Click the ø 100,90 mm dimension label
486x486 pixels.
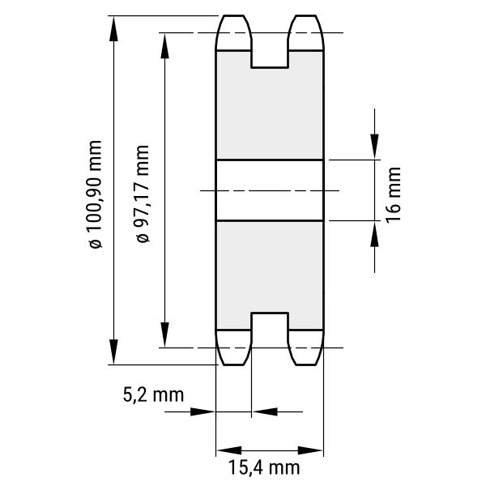coord(96,194)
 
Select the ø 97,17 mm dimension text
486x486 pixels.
coord(143,194)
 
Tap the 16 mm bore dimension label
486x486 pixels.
coord(393,195)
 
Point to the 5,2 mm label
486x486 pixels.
coord(153,395)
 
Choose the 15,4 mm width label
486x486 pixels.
coord(264,467)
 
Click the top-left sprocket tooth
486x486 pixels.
coord(233,32)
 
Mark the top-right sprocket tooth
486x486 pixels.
coord(306,32)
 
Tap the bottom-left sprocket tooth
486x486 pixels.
coord(233,347)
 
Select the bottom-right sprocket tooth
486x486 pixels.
coord(306,347)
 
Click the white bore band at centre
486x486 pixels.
coord(270,190)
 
